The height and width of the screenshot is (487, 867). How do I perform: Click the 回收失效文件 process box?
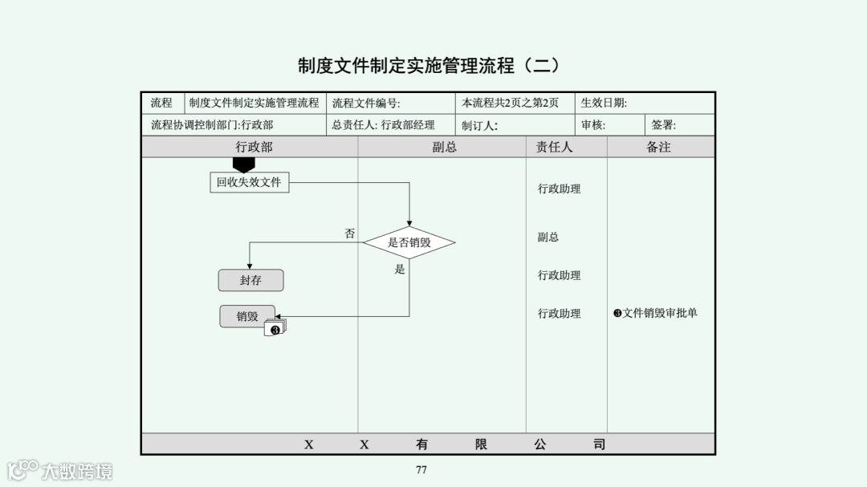click(x=249, y=183)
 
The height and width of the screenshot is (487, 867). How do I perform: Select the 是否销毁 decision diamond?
click(x=409, y=242)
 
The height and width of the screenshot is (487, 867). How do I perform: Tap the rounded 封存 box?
click(x=250, y=281)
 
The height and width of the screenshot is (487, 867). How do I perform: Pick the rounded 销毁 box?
click(x=247, y=316)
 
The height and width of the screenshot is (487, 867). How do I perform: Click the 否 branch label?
click(x=350, y=233)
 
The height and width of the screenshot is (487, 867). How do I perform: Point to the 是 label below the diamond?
click(x=400, y=270)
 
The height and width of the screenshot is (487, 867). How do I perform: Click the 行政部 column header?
click(x=254, y=147)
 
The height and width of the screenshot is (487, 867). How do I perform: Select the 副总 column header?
click(x=444, y=147)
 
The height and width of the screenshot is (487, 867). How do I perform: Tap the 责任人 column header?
click(x=554, y=147)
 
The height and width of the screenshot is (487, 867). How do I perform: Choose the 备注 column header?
click(x=658, y=147)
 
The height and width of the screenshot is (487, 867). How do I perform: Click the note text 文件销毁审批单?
click(x=656, y=313)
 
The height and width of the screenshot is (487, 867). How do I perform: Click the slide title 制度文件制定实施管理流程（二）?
click(x=428, y=65)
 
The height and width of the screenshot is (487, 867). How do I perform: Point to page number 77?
click(x=421, y=469)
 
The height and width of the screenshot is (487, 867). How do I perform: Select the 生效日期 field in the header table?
click(x=604, y=103)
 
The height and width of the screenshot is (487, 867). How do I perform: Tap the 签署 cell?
click(x=664, y=125)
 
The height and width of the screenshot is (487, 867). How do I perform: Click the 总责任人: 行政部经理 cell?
click(x=383, y=125)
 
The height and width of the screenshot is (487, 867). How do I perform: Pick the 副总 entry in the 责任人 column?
click(x=548, y=237)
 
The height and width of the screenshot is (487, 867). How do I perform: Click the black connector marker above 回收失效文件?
click(x=243, y=164)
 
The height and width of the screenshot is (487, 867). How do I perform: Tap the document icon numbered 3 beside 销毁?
click(x=275, y=328)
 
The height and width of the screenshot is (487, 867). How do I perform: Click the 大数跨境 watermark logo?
click(x=60, y=469)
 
